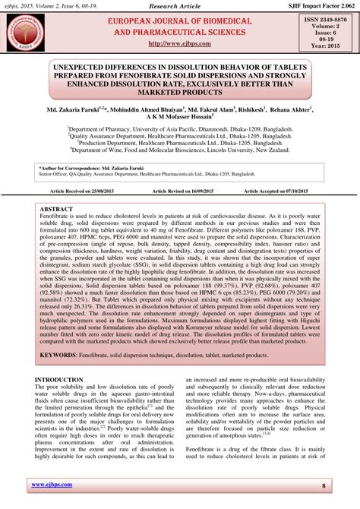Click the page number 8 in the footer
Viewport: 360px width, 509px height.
point(323,485)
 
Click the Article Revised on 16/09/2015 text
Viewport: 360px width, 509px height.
point(178,191)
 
